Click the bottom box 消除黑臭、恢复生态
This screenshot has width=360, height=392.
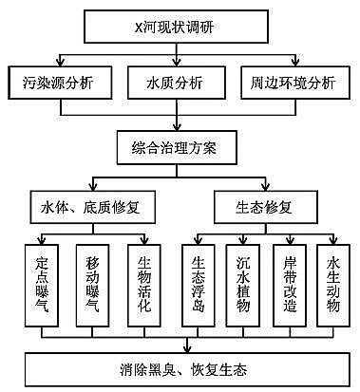click(180, 369)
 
